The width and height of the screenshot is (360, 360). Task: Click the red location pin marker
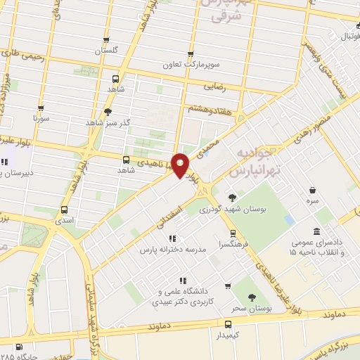pyautogui.click(x=181, y=165)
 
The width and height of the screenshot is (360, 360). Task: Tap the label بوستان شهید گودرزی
pyautogui.click(x=229, y=210)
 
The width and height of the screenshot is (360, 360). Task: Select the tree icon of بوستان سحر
pyautogui.click(x=252, y=298)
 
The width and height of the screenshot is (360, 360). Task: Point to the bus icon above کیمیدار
pyautogui.click(x=228, y=324)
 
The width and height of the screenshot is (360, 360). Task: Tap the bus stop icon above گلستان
pyautogui.click(x=106, y=41)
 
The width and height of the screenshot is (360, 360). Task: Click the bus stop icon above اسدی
pyautogui.click(x=65, y=210)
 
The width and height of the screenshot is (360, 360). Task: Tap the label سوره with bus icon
pyautogui.click(x=40, y=120)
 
